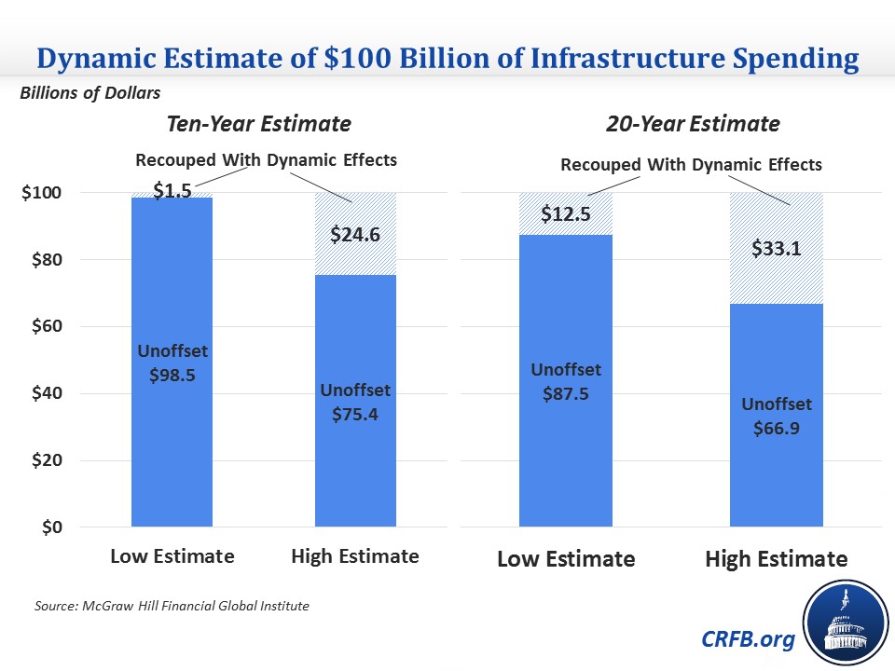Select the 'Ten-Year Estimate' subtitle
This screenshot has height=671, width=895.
258,124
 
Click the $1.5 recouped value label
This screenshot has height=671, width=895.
172,191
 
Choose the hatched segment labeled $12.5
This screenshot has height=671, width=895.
565,213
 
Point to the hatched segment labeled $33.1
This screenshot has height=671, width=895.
777,248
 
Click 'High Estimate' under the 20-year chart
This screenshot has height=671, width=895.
777,559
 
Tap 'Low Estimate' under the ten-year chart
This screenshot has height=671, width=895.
172,556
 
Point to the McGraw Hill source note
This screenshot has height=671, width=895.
171,607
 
